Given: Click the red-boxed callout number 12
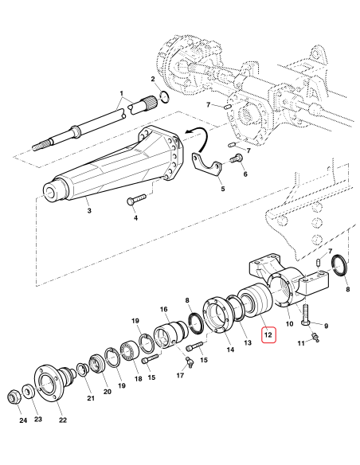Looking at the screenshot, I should click(x=268, y=336).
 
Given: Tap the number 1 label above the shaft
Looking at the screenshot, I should click(x=122, y=92).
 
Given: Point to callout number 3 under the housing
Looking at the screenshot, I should click(x=88, y=210).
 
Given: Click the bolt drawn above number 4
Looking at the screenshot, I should click(x=137, y=199).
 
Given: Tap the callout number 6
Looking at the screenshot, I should click(x=245, y=174).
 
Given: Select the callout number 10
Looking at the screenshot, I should click(x=288, y=324).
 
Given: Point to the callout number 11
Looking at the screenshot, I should click(x=301, y=342).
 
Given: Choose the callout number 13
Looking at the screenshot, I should click(x=247, y=342).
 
